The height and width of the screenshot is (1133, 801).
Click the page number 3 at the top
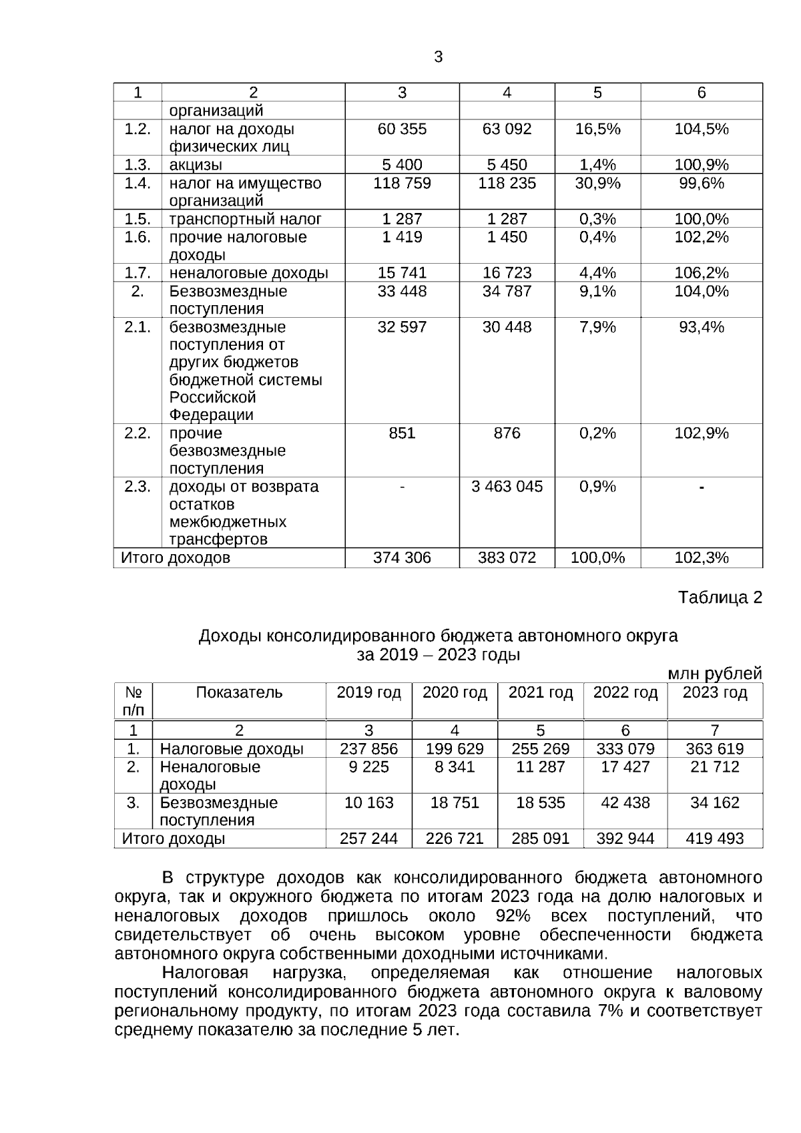pos(438,57)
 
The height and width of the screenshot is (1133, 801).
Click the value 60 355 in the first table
pos(402,129)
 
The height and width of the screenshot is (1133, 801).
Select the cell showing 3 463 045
pos(507,487)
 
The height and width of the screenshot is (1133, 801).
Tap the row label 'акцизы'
pos(196,165)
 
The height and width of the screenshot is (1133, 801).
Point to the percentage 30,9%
pos(597,183)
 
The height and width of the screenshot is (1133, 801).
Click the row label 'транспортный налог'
pos(245,219)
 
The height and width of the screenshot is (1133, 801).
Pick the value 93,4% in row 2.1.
pos(702,327)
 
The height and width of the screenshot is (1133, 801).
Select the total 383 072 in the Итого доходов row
pos(507,557)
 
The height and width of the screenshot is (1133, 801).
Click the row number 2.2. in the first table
pos(138,433)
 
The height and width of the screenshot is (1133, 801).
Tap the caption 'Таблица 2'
pos(720,598)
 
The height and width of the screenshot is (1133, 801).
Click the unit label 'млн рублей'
pos(715,674)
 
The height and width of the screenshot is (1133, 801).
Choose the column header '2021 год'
pos(541,693)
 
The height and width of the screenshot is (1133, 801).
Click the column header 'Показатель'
pos(239,693)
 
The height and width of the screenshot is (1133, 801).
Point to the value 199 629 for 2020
pos(455,749)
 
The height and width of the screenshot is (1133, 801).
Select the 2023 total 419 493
pos(714,839)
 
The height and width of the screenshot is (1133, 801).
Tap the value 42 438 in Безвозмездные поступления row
pos(625,803)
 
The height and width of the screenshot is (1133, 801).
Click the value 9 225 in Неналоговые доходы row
pos(368,767)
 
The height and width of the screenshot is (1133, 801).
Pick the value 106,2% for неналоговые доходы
pos(702,272)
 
